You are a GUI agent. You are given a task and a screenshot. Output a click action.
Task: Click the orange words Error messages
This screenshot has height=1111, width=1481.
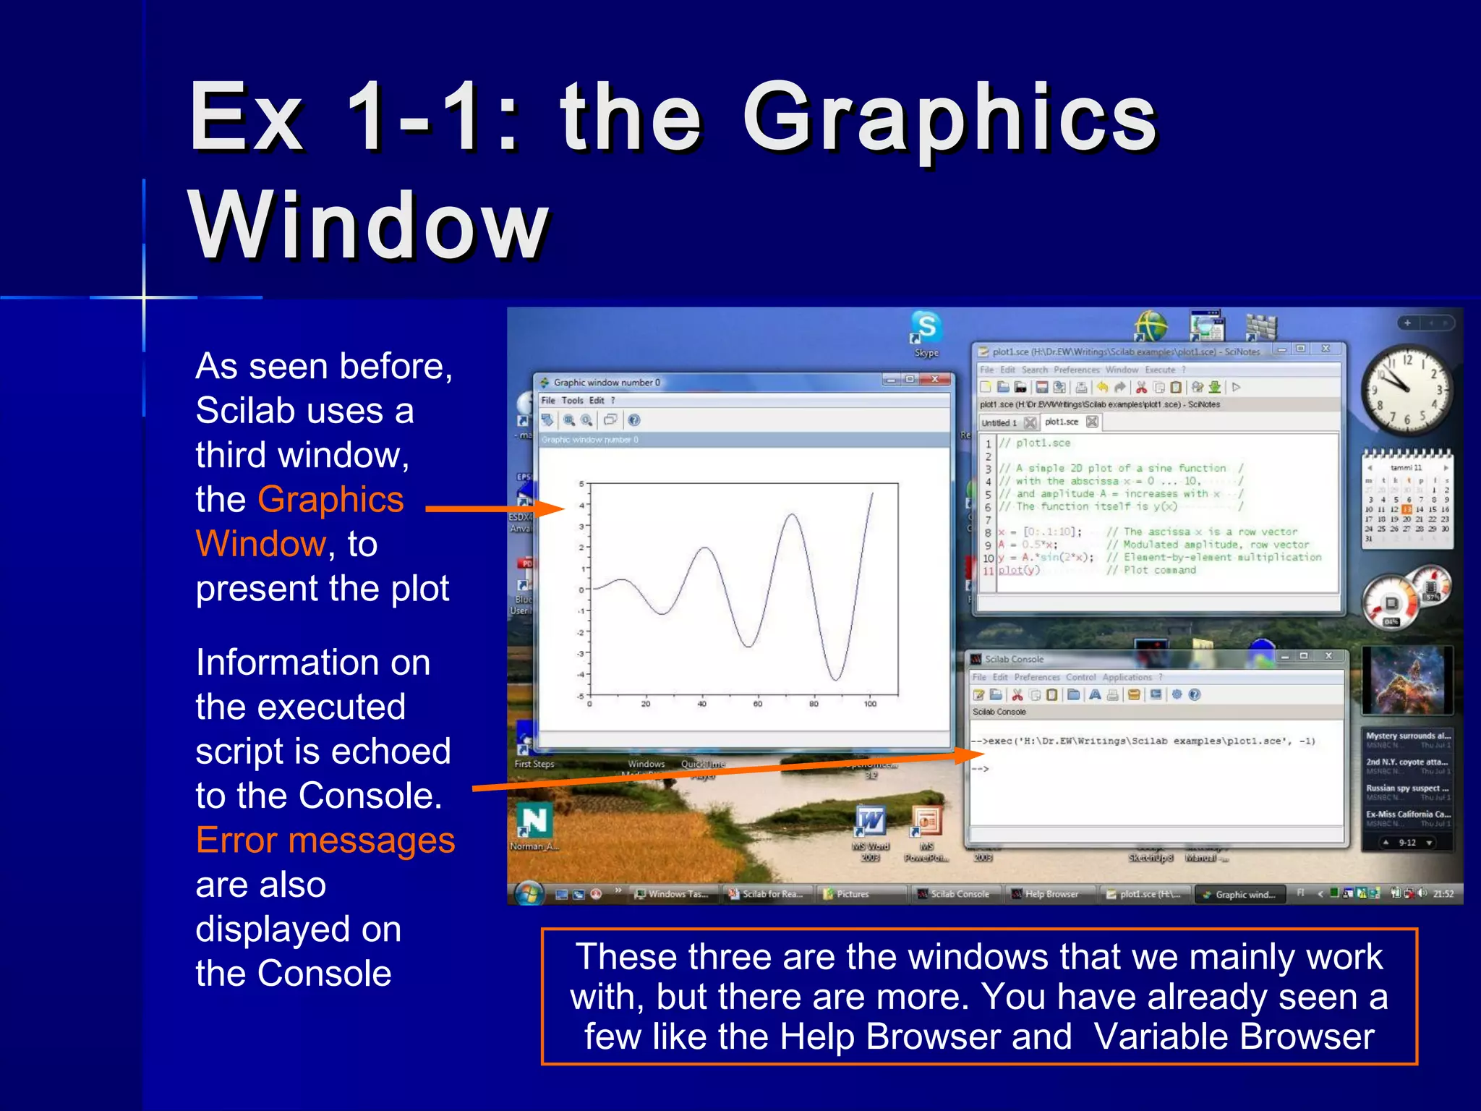[x=325, y=840]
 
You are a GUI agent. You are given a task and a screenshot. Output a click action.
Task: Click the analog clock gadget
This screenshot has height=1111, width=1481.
[x=1406, y=390]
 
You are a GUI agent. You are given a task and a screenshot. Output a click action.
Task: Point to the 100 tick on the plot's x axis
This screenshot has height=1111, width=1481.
[x=870, y=703]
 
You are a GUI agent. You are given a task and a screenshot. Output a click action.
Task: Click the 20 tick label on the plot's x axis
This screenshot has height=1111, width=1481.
[x=645, y=703]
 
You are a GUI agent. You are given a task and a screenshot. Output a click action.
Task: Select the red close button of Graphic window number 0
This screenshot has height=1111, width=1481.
[x=935, y=380]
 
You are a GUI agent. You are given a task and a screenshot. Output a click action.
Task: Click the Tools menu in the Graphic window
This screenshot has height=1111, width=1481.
[x=572, y=400]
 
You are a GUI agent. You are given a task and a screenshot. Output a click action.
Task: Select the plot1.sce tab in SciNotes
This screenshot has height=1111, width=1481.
[x=1062, y=422]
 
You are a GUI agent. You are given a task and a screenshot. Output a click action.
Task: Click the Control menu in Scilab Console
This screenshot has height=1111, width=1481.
[x=1080, y=677]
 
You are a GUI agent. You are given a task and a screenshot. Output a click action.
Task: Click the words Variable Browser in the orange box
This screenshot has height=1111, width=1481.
[x=1234, y=1036]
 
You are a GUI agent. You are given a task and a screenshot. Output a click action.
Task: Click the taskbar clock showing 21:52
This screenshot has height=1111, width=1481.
[x=1443, y=894]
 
